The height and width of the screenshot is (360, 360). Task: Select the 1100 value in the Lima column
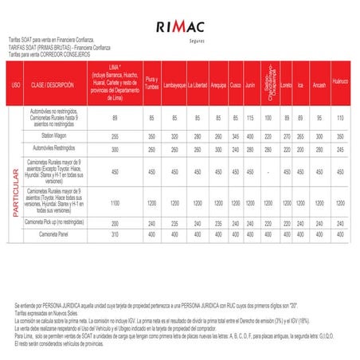click(x=115, y=203)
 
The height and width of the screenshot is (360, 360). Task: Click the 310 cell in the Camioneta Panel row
click(x=115, y=234)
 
